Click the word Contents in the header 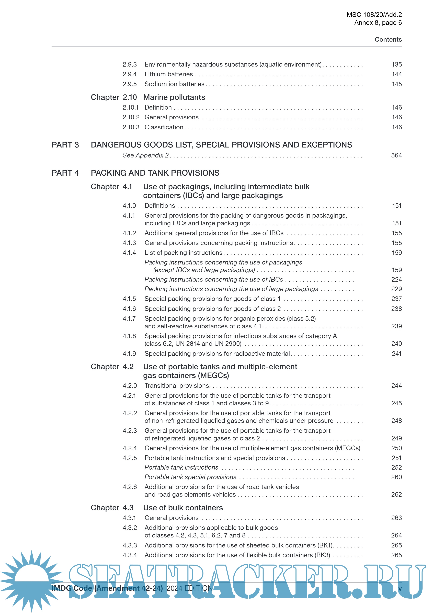[388, 39]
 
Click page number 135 [396, 64]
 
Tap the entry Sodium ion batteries [174, 84]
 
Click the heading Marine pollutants [174, 97]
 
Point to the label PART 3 [65, 145]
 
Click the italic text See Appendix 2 [146, 155]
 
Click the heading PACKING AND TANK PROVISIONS [155, 173]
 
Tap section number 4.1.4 [129, 253]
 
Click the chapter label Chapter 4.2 [112, 367]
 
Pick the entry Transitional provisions [177, 386]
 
